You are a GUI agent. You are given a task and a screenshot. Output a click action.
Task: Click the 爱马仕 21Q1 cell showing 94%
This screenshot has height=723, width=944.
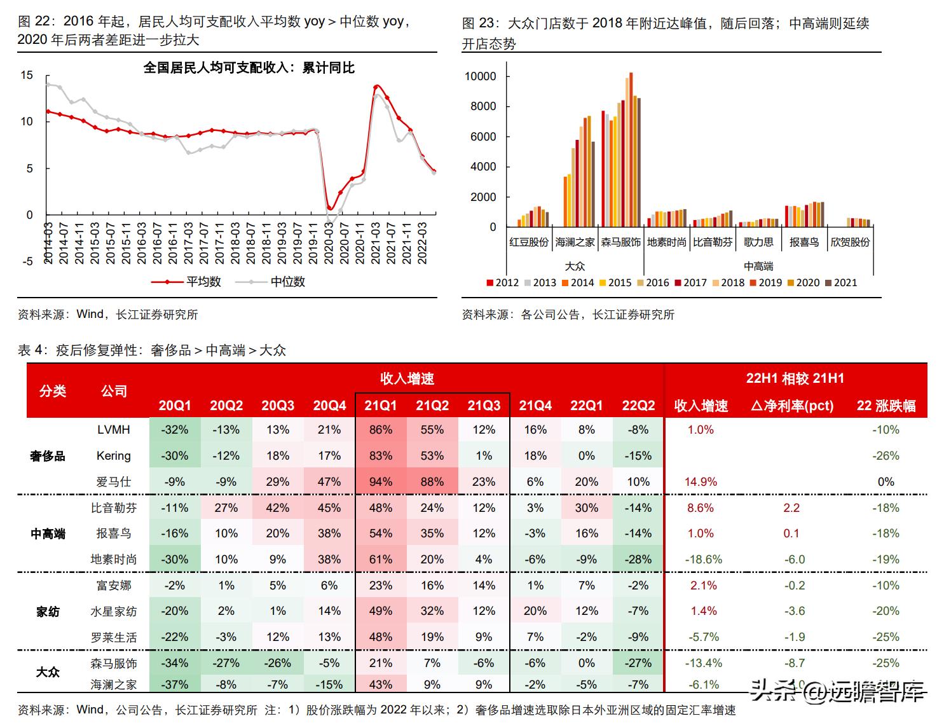(380, 482)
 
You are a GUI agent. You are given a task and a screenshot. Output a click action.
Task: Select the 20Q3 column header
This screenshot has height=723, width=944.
(278, 406)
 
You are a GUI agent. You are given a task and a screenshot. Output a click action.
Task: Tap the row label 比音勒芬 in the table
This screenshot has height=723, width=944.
(114, 507)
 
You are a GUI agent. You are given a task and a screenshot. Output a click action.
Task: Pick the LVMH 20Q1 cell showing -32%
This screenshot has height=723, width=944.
(174, 430)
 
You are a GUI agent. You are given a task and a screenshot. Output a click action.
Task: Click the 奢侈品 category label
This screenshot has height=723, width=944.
(48, 456)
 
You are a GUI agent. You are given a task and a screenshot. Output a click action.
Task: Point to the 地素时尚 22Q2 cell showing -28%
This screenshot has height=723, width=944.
(638, 560)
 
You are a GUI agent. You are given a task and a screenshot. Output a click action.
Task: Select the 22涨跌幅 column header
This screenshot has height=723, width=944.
(886, 406)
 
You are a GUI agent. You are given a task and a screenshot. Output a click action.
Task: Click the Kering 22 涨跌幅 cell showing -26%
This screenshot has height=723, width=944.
(886, 456)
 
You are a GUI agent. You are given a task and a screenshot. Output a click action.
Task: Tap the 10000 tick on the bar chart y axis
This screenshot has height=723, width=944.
(481, 76)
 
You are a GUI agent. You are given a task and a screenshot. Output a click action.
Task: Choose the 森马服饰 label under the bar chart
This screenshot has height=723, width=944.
(621, 242)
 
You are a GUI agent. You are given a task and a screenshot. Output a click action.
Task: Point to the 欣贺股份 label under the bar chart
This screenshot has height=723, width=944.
(850, 242)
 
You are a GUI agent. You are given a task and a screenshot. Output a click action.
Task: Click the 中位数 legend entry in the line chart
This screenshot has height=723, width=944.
(287, 281)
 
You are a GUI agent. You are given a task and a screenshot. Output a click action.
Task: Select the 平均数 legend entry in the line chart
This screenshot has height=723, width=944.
(203, 281)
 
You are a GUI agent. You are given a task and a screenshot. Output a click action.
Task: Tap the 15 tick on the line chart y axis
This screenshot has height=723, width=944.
(26, 75)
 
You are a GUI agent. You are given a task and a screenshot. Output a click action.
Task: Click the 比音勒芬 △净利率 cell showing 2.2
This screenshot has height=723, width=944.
(791, 507)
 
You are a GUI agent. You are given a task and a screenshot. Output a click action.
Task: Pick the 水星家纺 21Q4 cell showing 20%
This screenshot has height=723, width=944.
(535, 611)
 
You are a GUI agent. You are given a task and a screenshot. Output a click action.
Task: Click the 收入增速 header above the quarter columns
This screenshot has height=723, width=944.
(407, 379)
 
